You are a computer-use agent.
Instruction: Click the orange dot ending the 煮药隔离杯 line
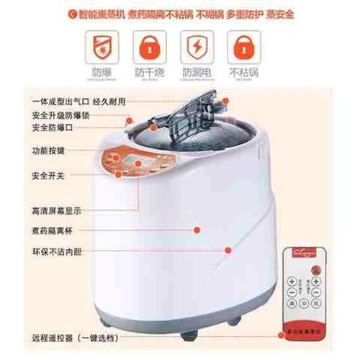(197, 229)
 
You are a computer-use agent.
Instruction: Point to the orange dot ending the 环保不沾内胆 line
(228, 251)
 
